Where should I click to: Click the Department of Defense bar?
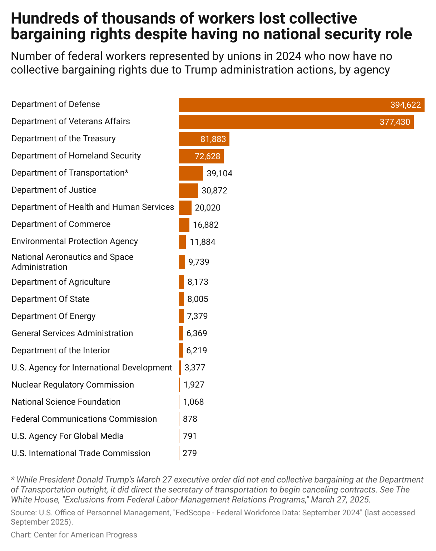301,105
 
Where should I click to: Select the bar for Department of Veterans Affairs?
296,122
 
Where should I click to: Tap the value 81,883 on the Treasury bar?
213,139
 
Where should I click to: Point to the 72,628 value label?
207,156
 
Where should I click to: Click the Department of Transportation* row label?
70,173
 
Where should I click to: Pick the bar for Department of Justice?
188,191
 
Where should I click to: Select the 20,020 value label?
208,208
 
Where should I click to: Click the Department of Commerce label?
61,224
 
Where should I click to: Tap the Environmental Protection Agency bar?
182,242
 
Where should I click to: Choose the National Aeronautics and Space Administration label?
72,262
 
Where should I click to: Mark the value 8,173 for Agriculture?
198,282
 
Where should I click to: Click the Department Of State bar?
181,299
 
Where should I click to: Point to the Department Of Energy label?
53,316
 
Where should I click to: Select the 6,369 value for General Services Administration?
197,333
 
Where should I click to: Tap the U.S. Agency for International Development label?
91,368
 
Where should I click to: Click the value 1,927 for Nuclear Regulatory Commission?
194,385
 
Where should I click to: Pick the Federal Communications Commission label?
84,419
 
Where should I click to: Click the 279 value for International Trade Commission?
189,453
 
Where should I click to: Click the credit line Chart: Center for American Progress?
74,535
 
